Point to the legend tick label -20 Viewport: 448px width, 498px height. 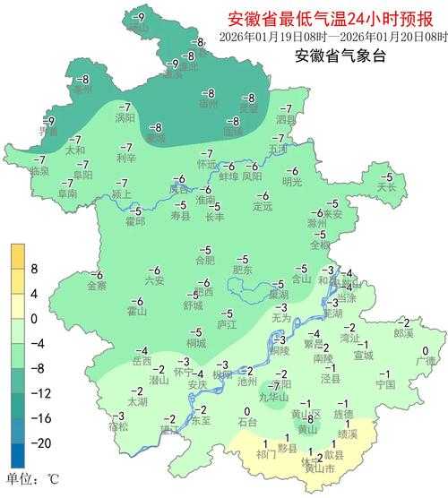coord(39,443)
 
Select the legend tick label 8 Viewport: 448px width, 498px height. coord(34,268)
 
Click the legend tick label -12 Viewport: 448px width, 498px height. coord(39,393)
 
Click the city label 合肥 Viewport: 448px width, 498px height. coord(204,261)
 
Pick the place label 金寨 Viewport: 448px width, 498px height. coord(97,286)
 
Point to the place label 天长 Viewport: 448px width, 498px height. coord(386,188)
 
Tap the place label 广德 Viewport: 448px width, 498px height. coord(425,362)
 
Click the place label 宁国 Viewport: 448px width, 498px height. coord(385,384)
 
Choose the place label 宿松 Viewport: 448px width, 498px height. coord(118,426)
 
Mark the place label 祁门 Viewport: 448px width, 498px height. coord(265,454)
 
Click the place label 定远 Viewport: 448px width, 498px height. coord(262,207)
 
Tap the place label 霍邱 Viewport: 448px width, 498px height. coord(134,221)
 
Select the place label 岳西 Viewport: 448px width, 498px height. coord(142,361)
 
